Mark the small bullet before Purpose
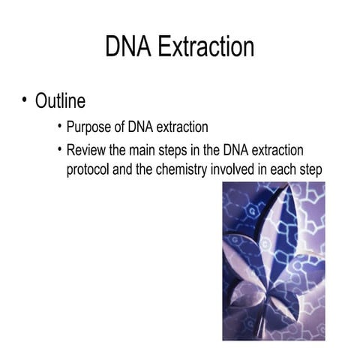[x=60, y=126]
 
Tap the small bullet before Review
[x=60, y=149]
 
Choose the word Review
[x=88, y=151]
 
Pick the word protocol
[x=88, y=170]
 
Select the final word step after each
[x=310, y=170]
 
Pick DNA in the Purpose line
[x=140, y=127]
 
